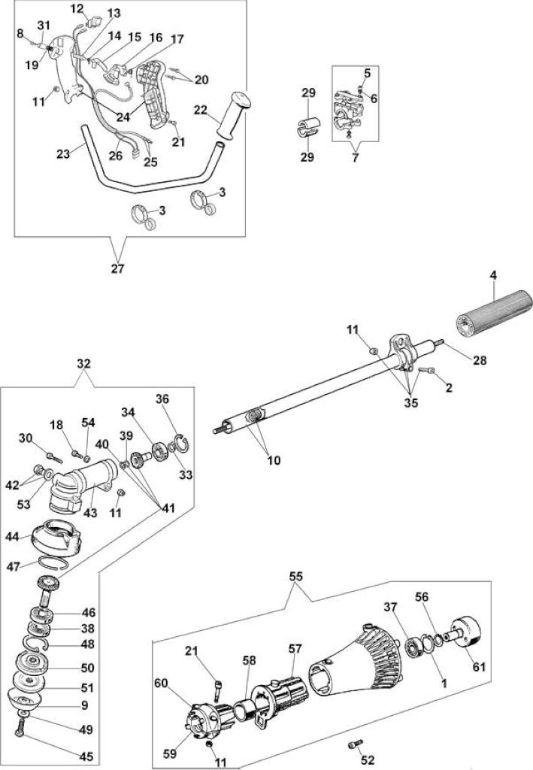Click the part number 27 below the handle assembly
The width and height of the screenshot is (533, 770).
click(118, 268)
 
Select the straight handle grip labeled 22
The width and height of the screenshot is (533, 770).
click(233, 114)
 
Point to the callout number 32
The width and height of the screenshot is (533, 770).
click(84, 363)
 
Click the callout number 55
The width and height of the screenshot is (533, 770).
click(296, 577)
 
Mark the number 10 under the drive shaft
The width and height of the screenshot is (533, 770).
click(274, 460)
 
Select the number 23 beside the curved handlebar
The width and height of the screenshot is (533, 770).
click(63, 153)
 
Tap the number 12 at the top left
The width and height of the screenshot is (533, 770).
click(77, 8)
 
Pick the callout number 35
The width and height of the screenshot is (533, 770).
click(410, 403)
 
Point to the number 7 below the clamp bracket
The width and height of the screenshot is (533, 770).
click(356, 158)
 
